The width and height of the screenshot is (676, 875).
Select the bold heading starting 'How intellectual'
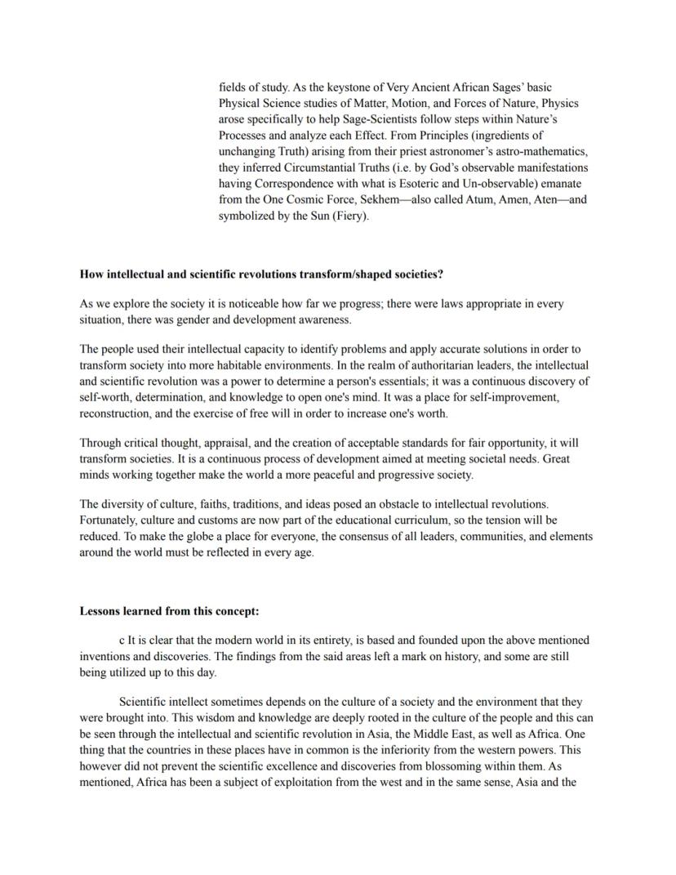[261, 274]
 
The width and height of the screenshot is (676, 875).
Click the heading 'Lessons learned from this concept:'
[169, 610]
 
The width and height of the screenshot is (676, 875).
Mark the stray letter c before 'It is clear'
[122, 640]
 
